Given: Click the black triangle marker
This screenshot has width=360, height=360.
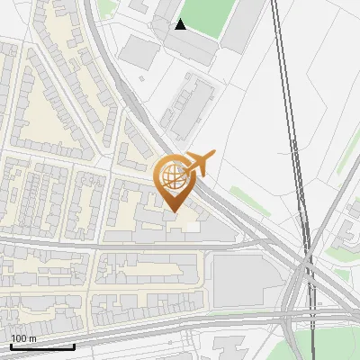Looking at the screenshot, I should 180,24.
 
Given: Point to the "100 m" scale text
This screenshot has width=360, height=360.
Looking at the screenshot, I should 22,338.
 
